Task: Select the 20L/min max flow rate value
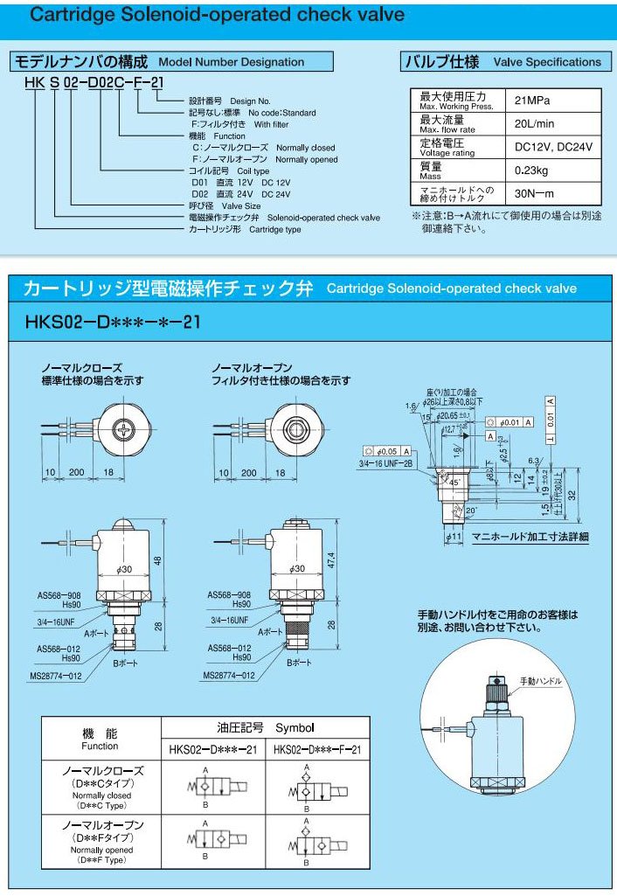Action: [532, 123]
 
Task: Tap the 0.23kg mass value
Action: [532, 170]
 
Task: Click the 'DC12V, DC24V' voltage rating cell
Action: [553, 147]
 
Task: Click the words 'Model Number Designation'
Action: [231, 62]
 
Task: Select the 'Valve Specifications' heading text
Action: [547, 62]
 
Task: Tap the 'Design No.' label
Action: [251, 101]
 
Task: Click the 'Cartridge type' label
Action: [275, 229]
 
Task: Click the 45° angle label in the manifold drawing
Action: [454, 481]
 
